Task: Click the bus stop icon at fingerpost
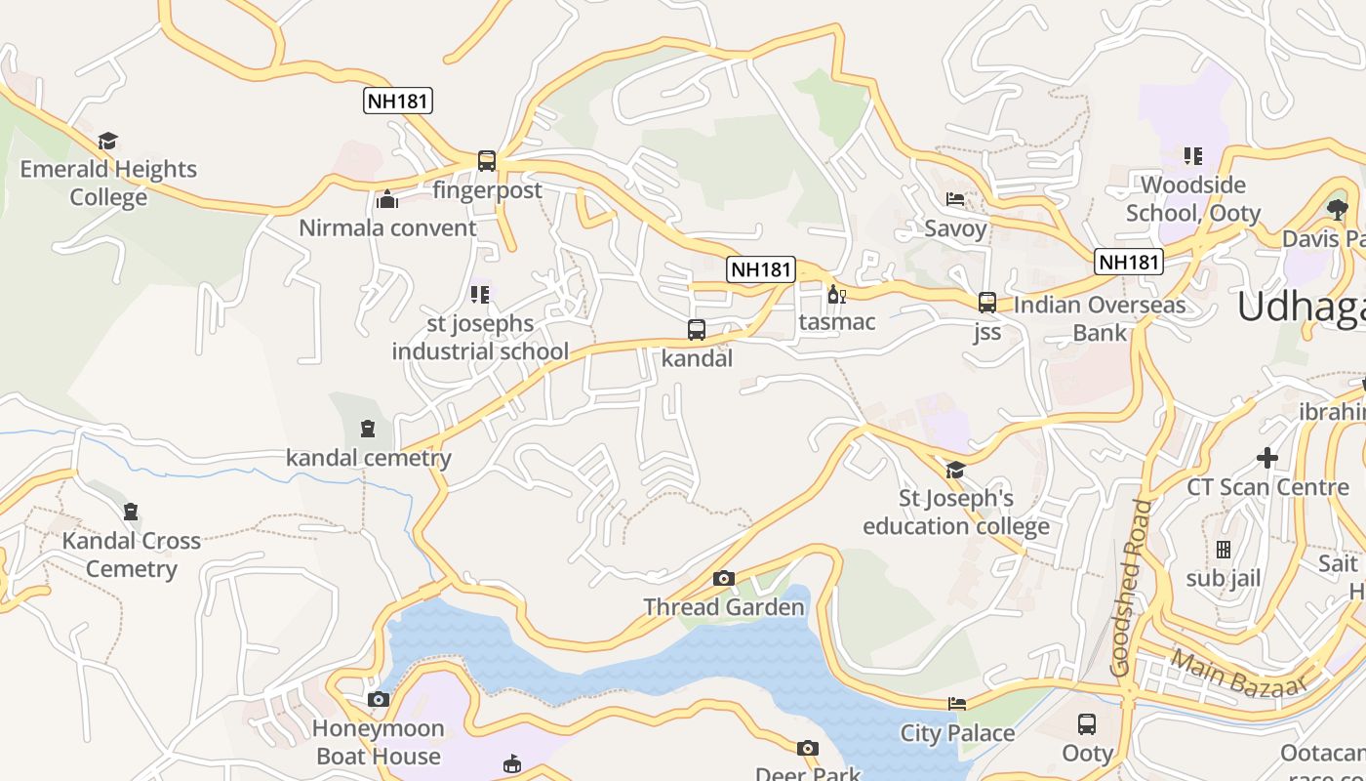pos(486,161)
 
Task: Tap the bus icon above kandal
pos(696,330)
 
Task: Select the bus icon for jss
pos(986,303)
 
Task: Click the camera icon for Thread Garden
pos(723,579)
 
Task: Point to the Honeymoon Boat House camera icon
pos(379,700)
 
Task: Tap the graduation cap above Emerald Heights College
pos(107,141)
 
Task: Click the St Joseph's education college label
pos(955,513)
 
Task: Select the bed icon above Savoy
pos(955,199)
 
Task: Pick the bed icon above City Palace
pos(957,704)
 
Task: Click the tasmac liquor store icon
pos(836,294)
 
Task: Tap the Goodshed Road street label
pos(1131,588)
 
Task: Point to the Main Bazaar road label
pos(1238,674)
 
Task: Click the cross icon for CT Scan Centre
pos(1266,457)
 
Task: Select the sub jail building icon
pos(1224,550)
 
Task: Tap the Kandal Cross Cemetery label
pos(132,555)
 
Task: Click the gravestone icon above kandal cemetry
pos(367,429)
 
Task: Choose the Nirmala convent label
pos(387,228)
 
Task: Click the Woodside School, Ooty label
pos(1192,199)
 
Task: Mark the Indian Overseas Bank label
pos(1100,318)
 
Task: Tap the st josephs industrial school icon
pos(479,294)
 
